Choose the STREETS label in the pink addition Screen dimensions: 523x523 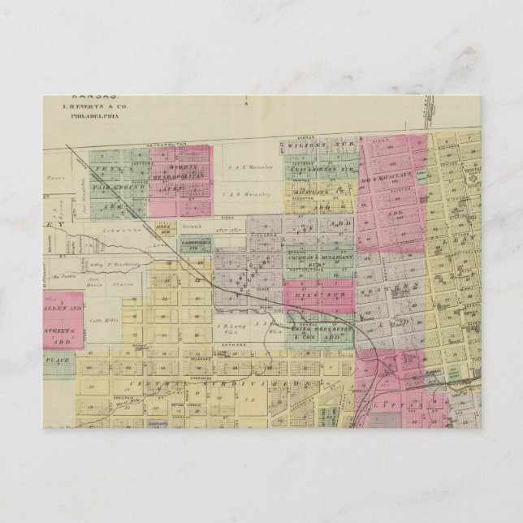[62, 331]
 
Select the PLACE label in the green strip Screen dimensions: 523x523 [58, 357]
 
